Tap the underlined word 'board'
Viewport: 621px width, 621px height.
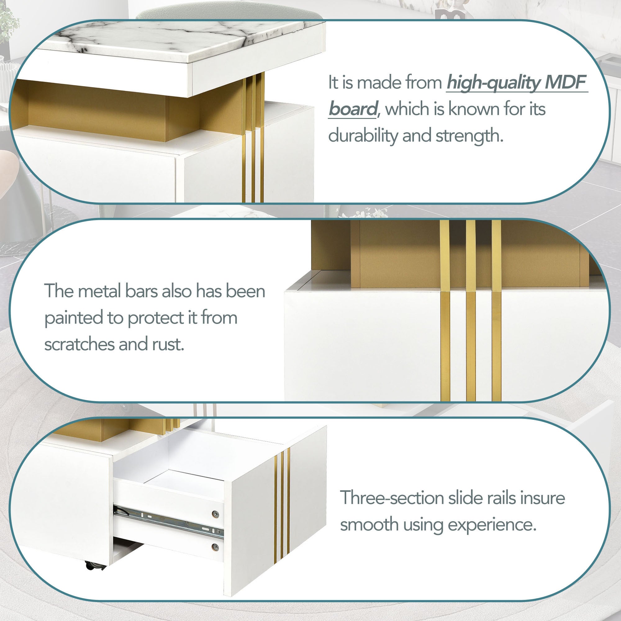click(x=353, y=109)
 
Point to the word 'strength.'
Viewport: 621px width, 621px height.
click(x=469, y=135)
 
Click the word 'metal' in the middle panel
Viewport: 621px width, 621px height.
click(x=100, y=291)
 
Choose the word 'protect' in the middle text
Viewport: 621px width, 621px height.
click(x=156, y=318)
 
